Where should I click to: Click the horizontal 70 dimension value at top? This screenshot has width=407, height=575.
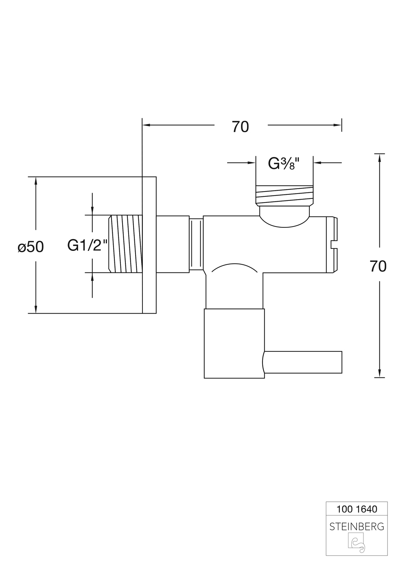[x=240, y=127]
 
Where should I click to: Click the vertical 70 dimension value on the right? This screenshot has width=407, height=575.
[x=378, y=266]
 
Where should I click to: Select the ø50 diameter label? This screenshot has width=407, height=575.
[x=31, y=246]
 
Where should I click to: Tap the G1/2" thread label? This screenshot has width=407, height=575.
[x=88, y=245]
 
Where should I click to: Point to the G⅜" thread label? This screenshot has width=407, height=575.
[x=284, y=164]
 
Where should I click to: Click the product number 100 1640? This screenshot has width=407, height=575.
[x=357, y=509]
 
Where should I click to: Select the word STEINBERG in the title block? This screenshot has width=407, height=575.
[x=357, y=527]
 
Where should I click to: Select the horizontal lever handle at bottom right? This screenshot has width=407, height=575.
[x=303, y=362]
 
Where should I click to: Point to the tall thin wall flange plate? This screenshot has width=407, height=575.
[x=149, y=245]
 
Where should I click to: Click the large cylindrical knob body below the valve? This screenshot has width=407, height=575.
[x=234, y=343]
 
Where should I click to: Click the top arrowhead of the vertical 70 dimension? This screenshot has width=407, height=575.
[x=379, y=157]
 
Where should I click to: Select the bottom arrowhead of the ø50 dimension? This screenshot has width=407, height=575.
[x=36, y=309]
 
